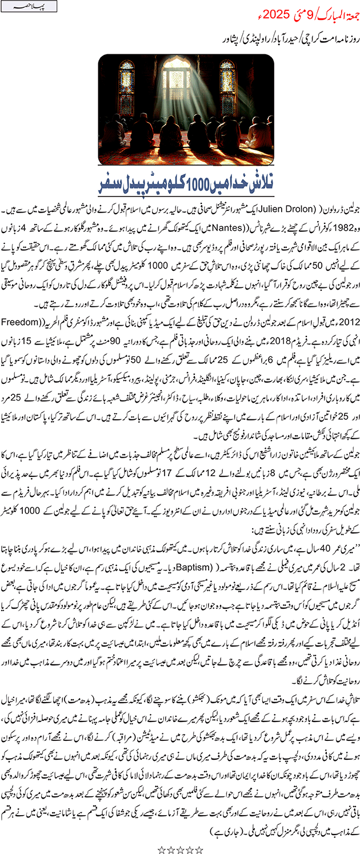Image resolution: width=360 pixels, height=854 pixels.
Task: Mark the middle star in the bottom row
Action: [180, 845]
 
